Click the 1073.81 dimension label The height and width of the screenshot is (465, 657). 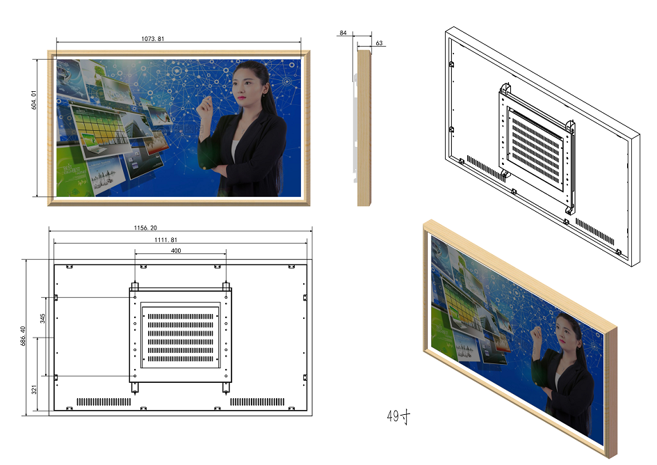[152, 38]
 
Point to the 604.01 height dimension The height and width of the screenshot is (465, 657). [34, 100]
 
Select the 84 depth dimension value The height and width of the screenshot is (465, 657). [343, 33]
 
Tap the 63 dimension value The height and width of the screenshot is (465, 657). [379, 42]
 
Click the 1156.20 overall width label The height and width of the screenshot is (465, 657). [145, 228]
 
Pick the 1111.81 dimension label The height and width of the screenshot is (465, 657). [166, 239]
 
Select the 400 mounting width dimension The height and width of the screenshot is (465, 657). [176, 251]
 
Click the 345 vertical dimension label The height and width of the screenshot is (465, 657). [42, 319]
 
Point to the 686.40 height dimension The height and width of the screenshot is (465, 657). [23, 336]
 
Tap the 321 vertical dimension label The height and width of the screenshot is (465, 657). [34, 389]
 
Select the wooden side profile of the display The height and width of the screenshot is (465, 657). [364, 128]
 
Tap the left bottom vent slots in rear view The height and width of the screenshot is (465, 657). [104, 402]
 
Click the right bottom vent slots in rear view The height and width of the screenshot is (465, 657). [257, 402]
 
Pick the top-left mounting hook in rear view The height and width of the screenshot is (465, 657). [134, 287]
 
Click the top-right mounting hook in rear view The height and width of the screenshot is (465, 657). [226, 287]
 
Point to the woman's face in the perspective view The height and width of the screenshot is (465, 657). [566, 333]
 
